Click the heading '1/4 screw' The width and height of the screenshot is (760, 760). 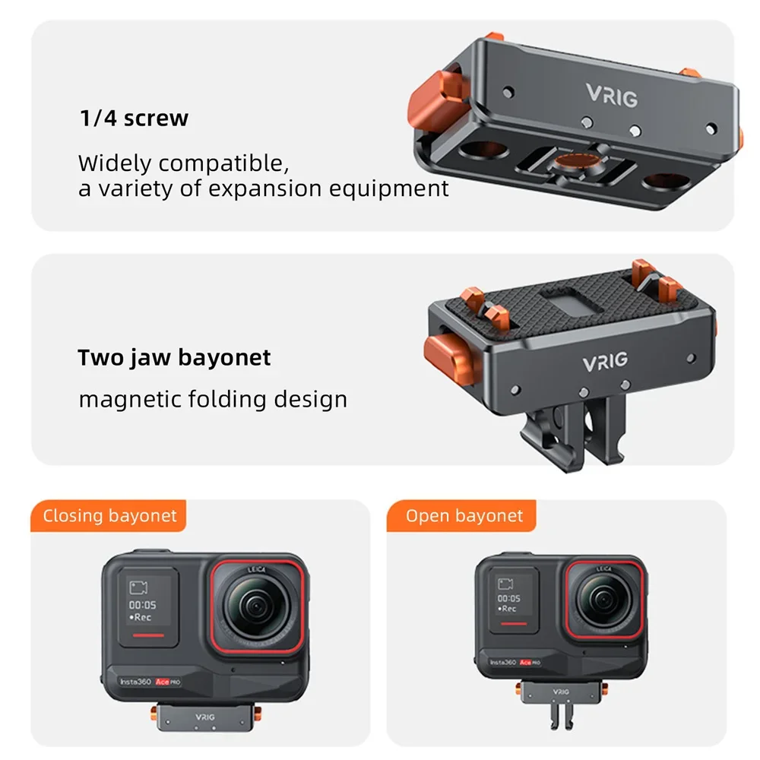pos(134,119)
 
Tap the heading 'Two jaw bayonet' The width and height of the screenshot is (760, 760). pos(174,357)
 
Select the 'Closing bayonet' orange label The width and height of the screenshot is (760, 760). pos(109,516)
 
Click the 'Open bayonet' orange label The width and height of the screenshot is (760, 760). pos(464,516)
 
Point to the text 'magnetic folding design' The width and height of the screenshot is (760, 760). pos(213,399)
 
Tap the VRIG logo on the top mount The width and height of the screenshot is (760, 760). pos(611,96)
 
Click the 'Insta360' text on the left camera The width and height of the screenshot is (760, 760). pos(137,682)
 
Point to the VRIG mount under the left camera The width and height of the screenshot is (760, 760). pos(204,716)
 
